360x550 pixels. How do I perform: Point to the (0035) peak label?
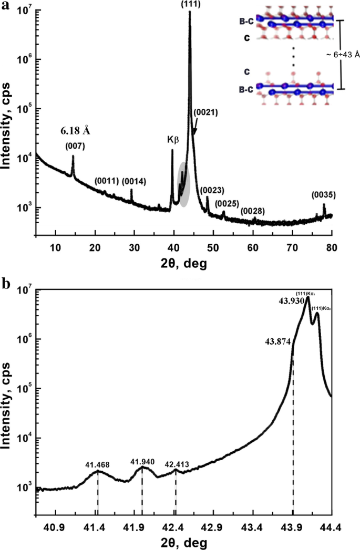(323, 194)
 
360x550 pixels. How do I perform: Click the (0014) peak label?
(134, 181)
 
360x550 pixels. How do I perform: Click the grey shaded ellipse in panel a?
(183, 184)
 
